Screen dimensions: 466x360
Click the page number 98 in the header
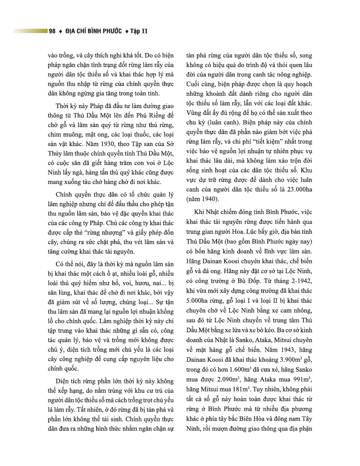coord(52,31)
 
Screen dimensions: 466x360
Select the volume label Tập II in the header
coord(138,31)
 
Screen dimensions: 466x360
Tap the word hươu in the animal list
coord(131,281)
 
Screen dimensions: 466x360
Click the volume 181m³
coord(237,391)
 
